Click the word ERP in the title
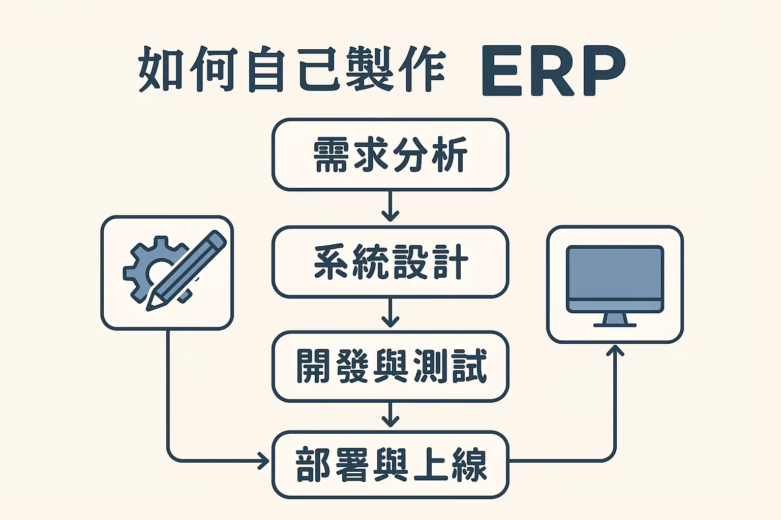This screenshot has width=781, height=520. click(x=553, y=71)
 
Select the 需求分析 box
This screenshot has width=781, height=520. click(x=390, y=154)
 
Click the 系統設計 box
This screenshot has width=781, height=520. click(x=390, y=262)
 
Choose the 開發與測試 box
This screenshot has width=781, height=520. click(x=390, y=366)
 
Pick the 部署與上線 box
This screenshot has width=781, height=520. click(x=390, y=465)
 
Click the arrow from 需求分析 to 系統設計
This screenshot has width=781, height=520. click(x=390, y=207)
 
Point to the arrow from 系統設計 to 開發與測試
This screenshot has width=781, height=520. click(x=390, y=313)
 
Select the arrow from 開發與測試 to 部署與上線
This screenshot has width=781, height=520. click(x=390, y=415)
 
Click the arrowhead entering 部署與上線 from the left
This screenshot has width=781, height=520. click(x=263, y=461)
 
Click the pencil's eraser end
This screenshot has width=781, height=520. click(x=218, y=239)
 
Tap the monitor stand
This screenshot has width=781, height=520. click(x=615, y=320)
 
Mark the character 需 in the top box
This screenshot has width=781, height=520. click(x=331, y=154)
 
